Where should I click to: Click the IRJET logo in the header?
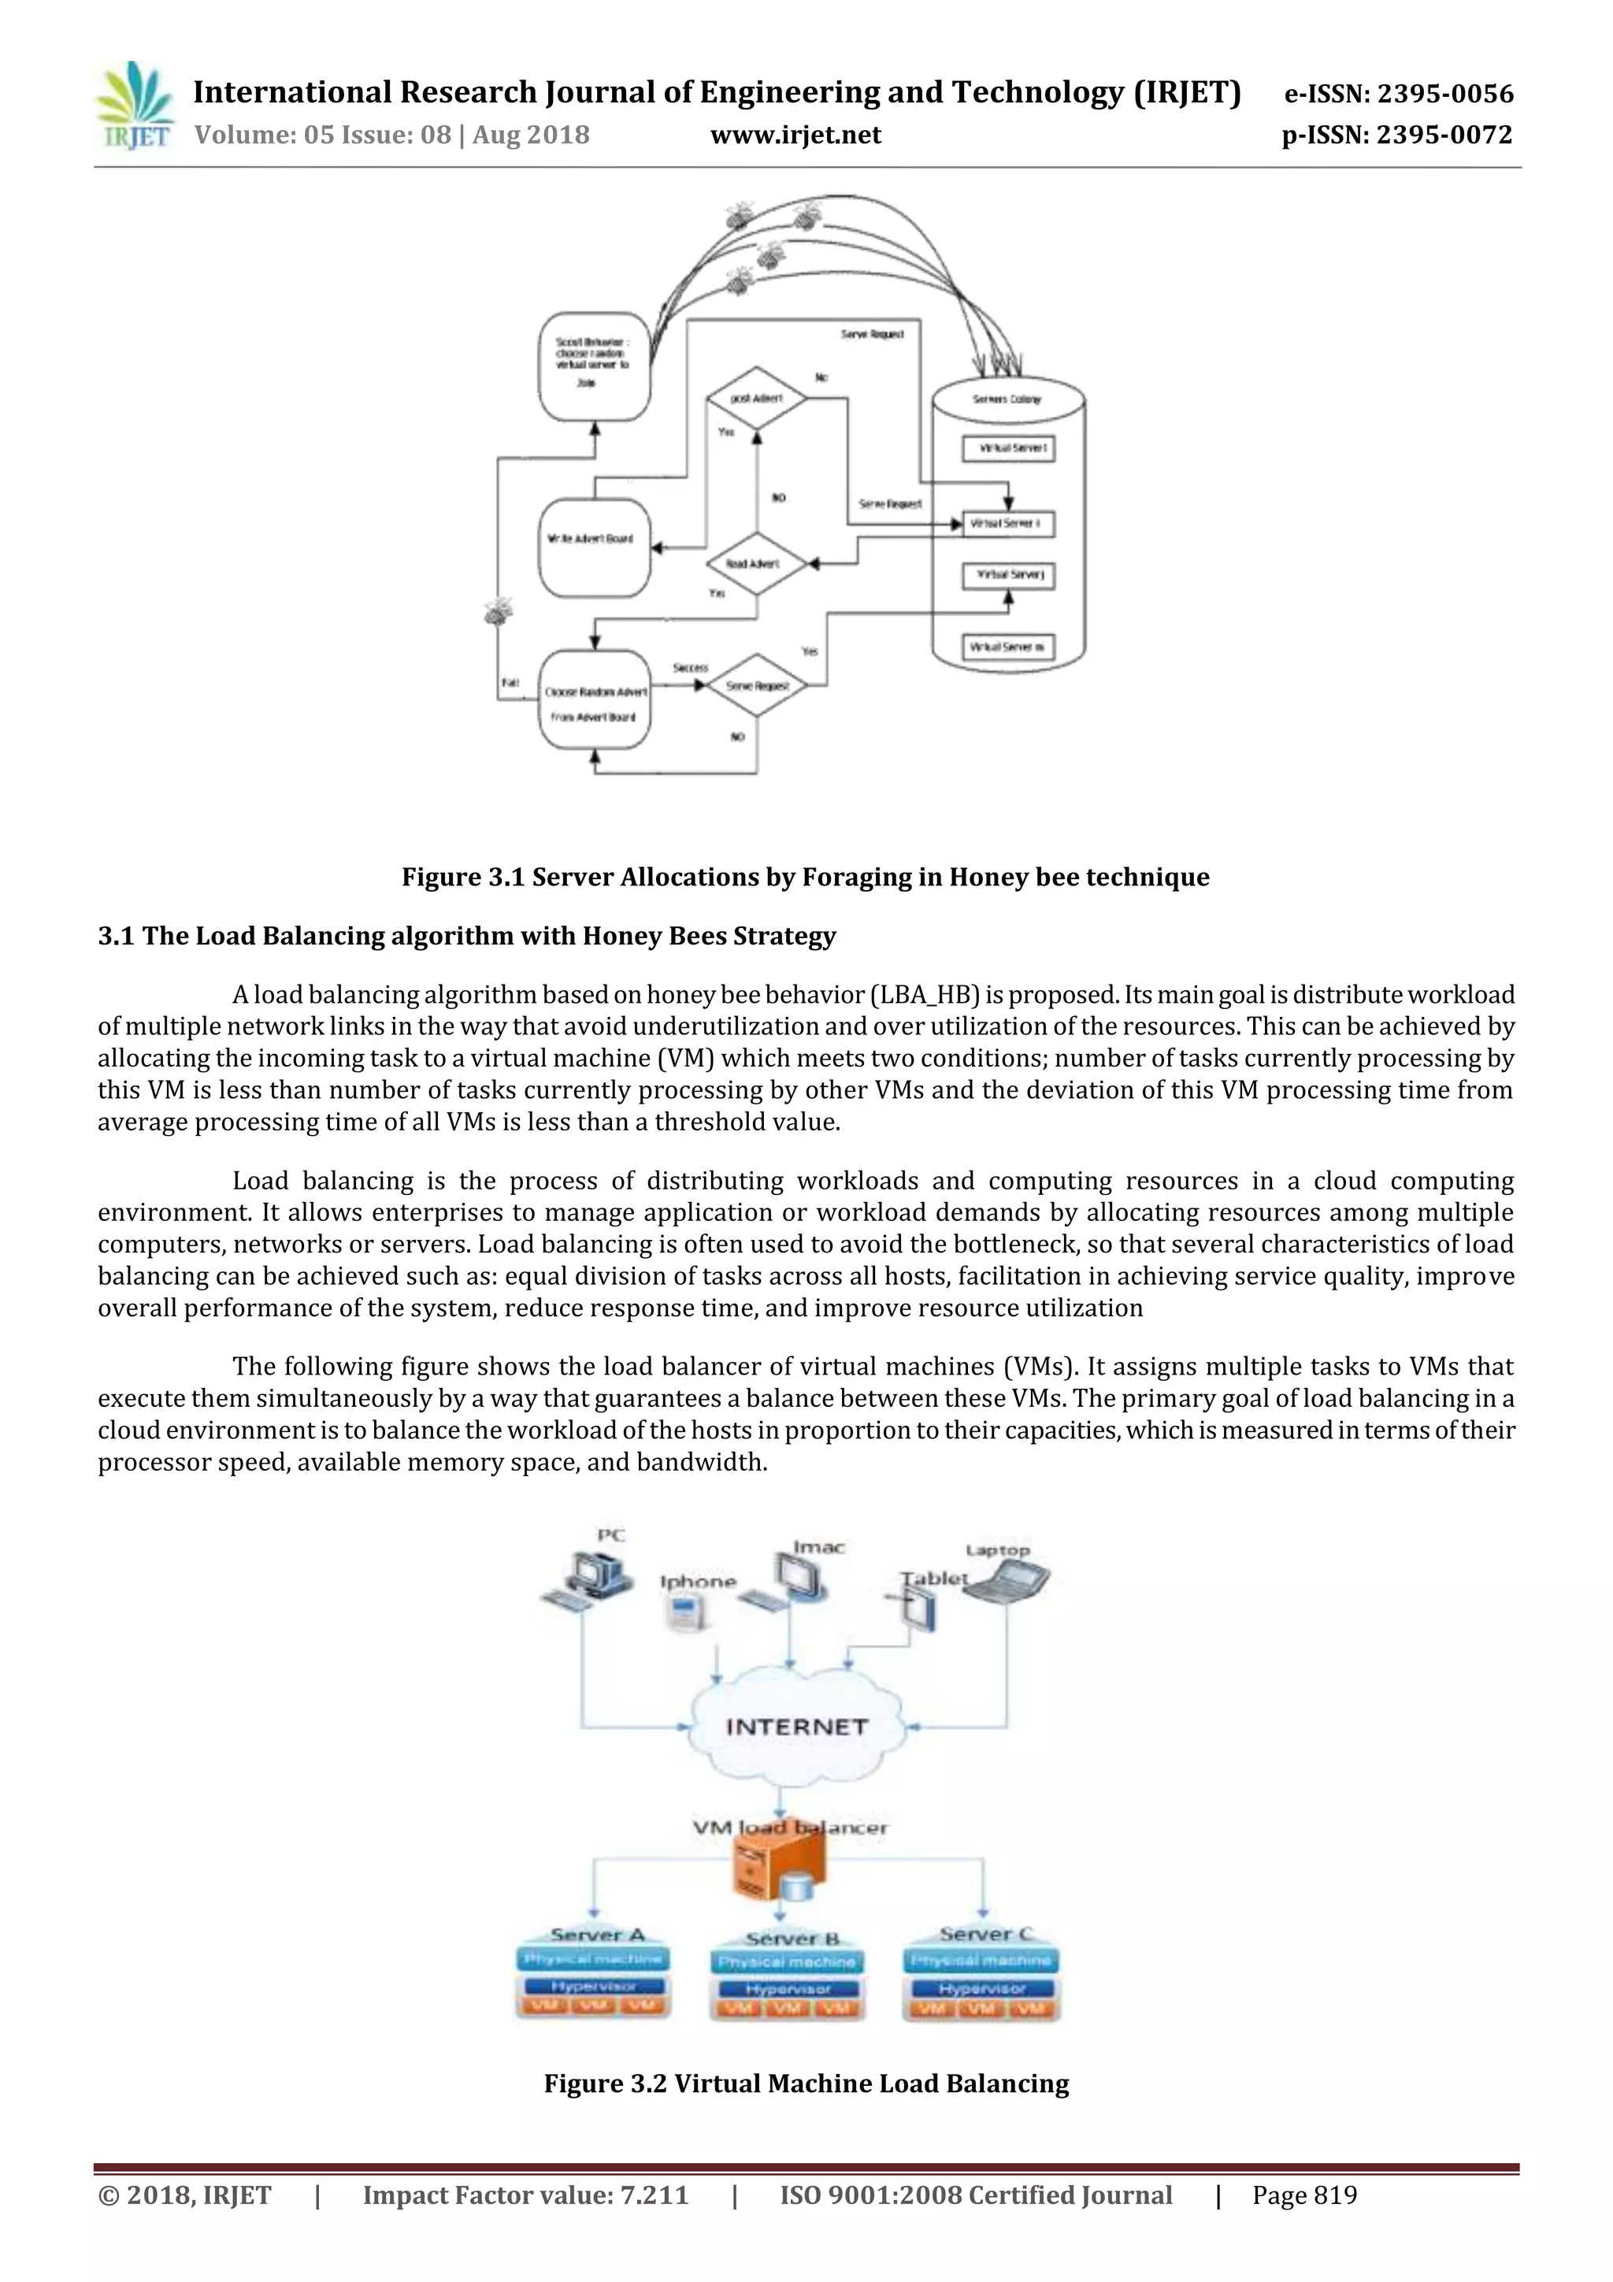coord(134,106)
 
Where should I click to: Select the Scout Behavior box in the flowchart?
coord(593,365)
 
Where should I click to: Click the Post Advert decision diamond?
coord(756,399)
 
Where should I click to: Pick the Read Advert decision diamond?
coord(756,563)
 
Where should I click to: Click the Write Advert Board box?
coord(593,539)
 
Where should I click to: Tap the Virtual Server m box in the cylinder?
coord(1008,647)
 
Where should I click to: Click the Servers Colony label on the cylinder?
coord(1008,399)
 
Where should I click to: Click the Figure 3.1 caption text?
coord(805,877)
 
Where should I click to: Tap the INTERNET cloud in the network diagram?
coord(796,1727)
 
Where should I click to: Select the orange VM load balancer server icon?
coord(778,1867)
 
